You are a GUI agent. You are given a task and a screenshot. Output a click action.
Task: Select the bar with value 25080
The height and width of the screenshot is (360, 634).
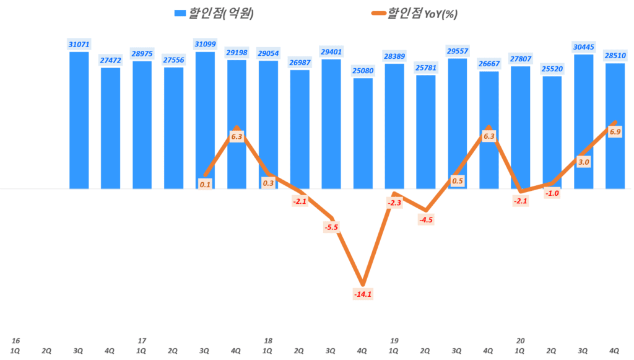coord(363,133)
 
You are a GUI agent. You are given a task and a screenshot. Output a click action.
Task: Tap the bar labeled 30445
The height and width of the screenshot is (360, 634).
coord(584,121)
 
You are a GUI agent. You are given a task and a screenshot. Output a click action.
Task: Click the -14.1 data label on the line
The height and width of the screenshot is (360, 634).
coord(362,294)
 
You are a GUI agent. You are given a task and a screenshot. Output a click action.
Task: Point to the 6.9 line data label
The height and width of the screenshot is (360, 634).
coord(615,131)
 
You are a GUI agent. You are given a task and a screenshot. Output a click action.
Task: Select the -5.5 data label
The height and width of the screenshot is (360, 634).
coord(331,227)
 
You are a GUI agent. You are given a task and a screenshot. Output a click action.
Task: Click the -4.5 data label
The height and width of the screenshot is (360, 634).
coord(426,219)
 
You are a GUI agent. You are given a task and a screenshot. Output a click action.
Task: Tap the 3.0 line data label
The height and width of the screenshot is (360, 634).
coord(583,162)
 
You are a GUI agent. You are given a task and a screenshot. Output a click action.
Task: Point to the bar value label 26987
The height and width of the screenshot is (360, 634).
coord(300,63)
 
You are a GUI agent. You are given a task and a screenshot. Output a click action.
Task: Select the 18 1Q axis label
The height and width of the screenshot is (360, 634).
coord(268,346)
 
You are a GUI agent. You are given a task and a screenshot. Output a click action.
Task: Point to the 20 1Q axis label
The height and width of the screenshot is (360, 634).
coord(521,346)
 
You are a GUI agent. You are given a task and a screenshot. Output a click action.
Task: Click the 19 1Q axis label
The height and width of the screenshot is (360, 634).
coord(394,346)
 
